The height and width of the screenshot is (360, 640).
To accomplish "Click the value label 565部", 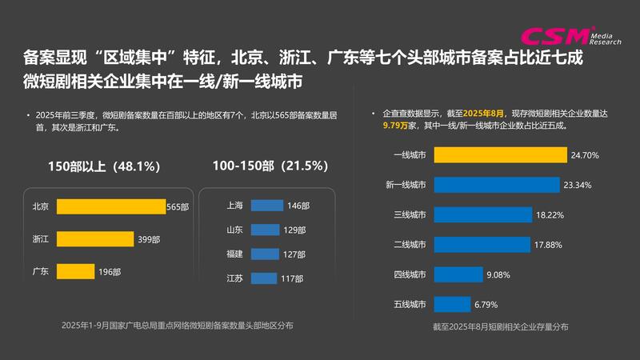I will click(178, 206).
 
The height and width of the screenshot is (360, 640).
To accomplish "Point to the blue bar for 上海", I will click(262, 206).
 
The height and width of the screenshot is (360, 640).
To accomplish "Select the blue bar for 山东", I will click(262, 230).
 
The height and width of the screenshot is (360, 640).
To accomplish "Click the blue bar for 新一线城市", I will click(496, 185).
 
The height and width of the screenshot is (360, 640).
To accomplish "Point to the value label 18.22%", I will click(551, 214).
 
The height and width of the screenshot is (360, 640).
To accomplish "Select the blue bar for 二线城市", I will click(482, 244).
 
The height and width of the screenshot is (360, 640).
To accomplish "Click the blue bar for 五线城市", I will click(452, 304).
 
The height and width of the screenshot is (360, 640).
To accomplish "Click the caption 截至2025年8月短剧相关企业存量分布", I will click(500, 327).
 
